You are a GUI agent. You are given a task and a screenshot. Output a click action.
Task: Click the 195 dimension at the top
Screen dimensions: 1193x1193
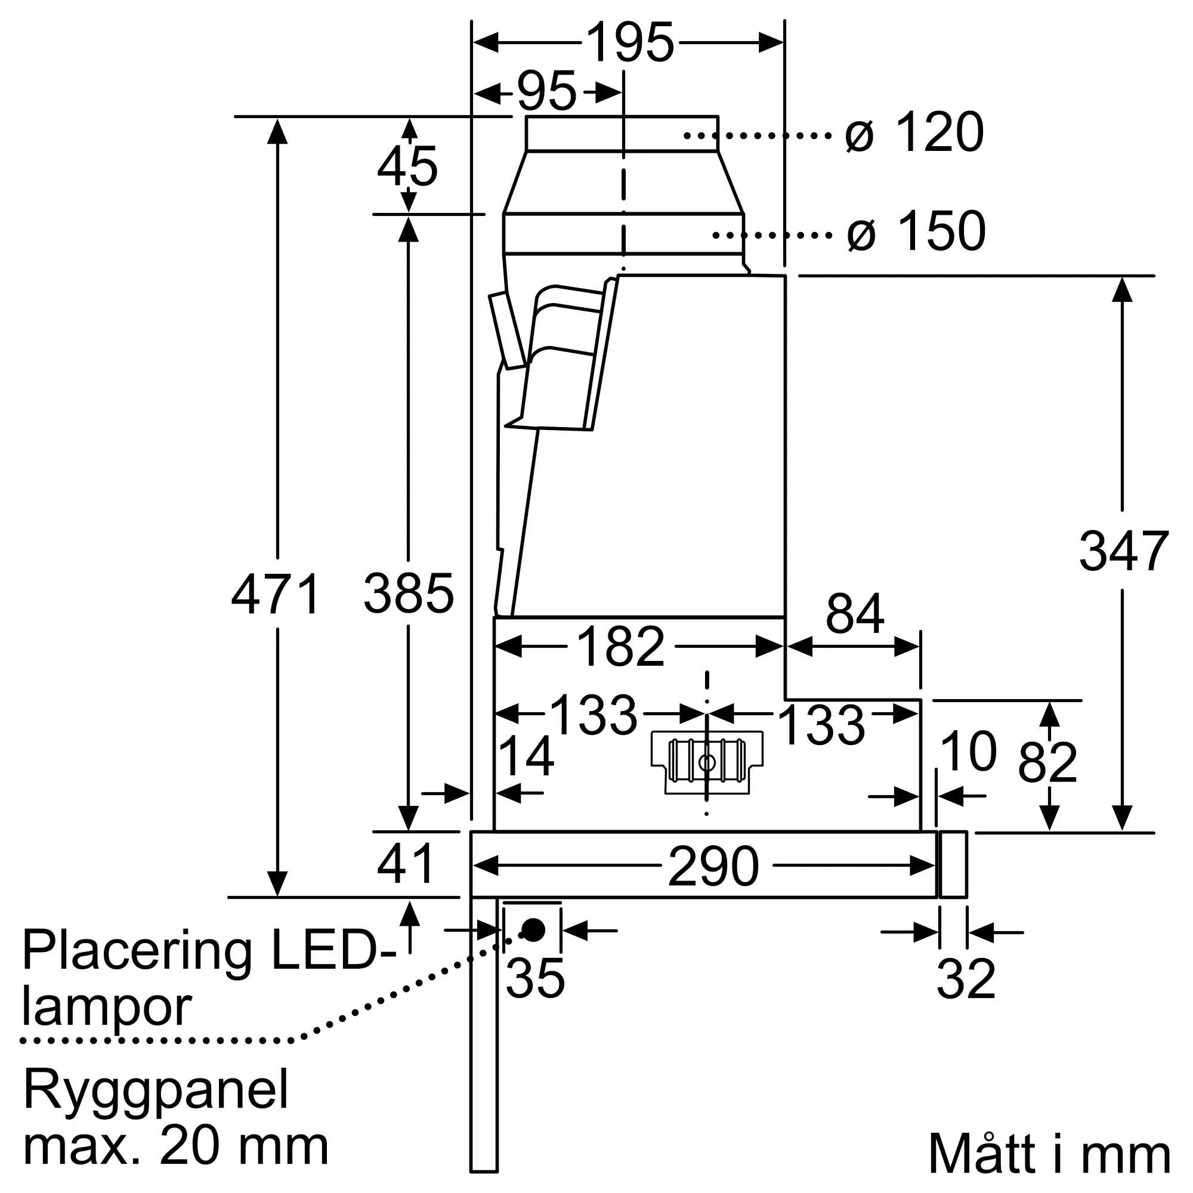(629, 42)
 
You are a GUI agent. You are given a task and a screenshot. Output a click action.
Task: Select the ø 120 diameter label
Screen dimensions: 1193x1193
(914, 132)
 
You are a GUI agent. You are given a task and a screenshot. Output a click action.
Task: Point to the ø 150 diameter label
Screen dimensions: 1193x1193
(916, 231)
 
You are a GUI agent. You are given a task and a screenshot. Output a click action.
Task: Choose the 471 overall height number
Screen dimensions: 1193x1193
(276, 594)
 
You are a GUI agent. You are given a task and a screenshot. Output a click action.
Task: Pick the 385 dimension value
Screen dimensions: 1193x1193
(408, 594)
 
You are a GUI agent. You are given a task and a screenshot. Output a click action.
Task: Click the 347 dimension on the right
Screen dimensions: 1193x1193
(1123, 551)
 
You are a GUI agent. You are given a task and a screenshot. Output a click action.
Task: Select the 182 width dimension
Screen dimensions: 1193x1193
(620, 647)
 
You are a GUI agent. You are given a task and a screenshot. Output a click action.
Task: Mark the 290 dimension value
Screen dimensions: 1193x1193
(713, 866)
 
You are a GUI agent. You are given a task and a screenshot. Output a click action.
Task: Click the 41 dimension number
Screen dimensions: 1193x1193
(406, 864)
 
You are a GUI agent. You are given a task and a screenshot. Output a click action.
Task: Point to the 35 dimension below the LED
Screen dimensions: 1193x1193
(534, 979)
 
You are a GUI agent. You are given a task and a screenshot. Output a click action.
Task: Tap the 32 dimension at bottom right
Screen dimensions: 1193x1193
(966, 979)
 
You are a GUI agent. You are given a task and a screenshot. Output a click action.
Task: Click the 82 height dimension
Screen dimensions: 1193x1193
(1047, 762)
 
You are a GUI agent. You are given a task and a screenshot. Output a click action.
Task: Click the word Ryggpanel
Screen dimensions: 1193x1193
(156, 1090)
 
